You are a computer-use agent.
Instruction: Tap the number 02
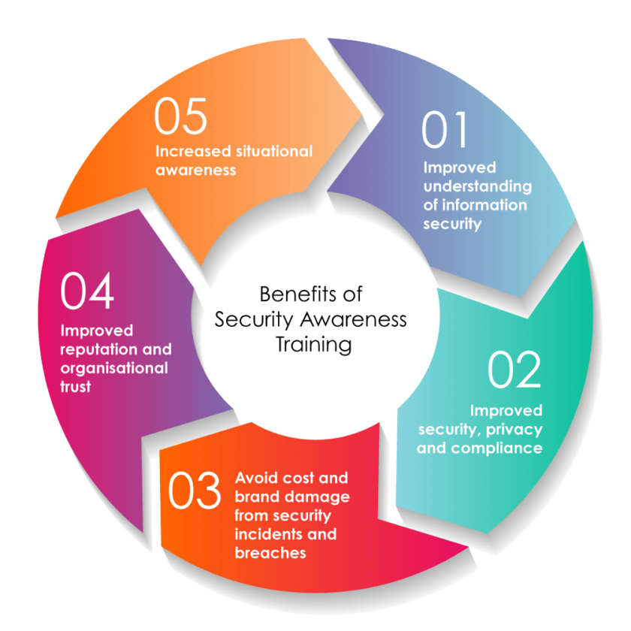[515, 370]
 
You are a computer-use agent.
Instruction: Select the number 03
[195, 491]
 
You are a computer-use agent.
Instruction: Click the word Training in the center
[313, 345]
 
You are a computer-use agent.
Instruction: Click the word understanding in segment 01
[477, 186]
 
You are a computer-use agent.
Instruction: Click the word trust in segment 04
[76, 388]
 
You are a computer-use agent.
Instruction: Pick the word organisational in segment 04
[114, 369]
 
